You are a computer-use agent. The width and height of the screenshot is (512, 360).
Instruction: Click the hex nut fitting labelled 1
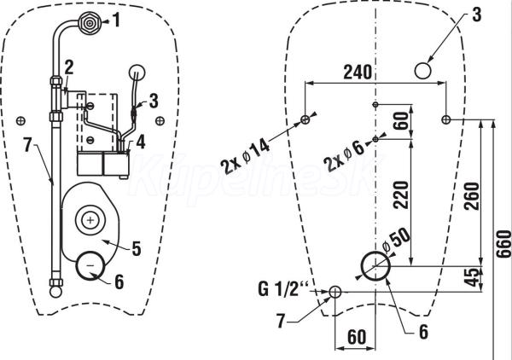(89, 23)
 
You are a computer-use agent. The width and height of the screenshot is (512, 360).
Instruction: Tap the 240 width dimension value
(358, 73)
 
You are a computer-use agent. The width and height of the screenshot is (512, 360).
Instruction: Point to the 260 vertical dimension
(471, 196)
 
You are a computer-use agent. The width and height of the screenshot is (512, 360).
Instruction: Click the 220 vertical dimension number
(401, 195)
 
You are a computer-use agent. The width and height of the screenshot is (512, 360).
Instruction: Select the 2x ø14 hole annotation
(246, 157)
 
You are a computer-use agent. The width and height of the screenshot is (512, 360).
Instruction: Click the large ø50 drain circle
(375, 265)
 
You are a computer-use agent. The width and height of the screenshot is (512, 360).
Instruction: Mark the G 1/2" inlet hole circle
(335, 292)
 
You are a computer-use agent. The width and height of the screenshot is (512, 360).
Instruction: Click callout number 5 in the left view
(137, 248)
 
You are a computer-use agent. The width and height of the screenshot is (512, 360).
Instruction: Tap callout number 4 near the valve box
(141, 142)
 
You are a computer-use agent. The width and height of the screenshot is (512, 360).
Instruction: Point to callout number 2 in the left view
(69, 68)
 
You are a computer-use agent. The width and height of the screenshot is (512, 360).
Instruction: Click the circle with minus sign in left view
(90, 265)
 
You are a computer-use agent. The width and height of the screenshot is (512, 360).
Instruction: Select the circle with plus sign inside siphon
(90, 220)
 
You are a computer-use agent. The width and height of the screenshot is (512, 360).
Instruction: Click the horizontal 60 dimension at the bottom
(357, 337)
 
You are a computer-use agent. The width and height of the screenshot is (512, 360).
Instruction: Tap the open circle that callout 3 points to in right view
(423, 71)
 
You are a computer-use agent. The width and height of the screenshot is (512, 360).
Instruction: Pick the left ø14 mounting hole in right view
(305, 119)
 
